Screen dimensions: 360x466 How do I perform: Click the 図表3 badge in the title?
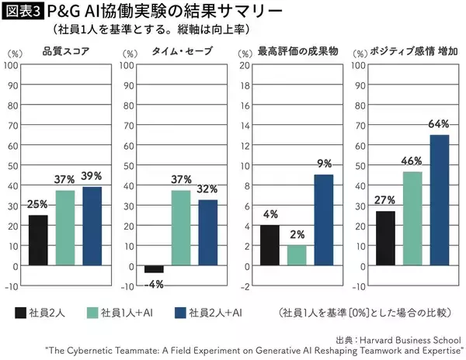point(23,12)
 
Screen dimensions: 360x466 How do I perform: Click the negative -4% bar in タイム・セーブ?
point(154,268)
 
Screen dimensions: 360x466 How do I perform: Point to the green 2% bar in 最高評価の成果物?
point(296,255)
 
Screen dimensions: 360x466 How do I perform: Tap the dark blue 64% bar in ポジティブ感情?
point(438,199)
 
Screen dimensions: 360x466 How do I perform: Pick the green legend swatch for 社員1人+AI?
point(95,313)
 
